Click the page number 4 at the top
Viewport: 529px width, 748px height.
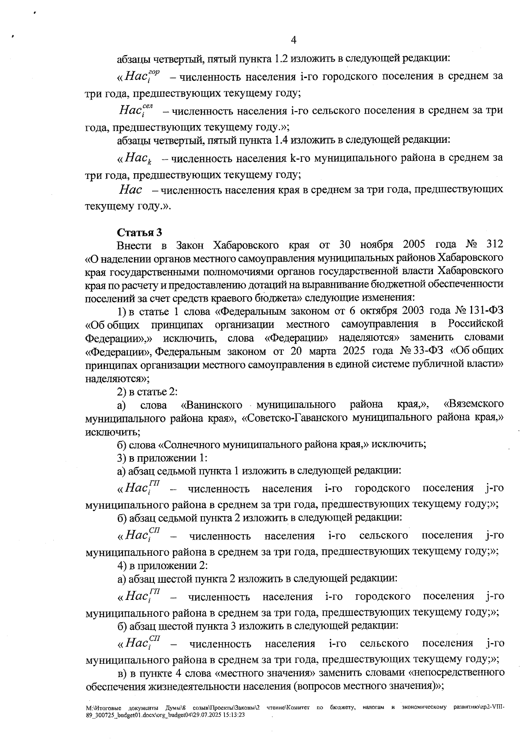[294, 40]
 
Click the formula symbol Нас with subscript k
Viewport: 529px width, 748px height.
[138, 158]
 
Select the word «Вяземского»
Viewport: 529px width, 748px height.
[474, 404]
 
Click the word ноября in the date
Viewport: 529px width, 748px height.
[377, 245]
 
